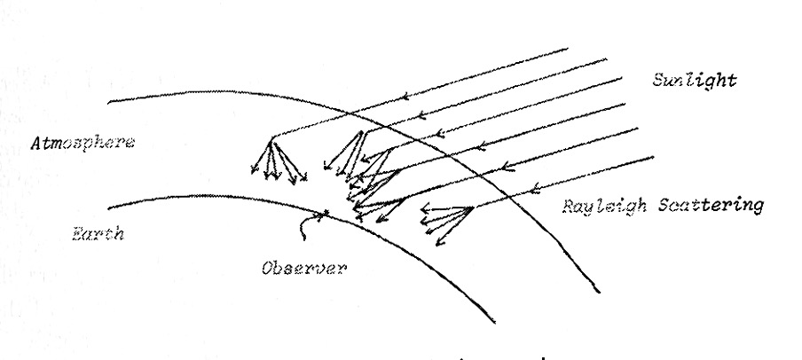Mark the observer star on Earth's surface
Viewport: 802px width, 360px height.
[x=327, y=211]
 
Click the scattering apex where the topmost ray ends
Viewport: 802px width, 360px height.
[x=272, y=136]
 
